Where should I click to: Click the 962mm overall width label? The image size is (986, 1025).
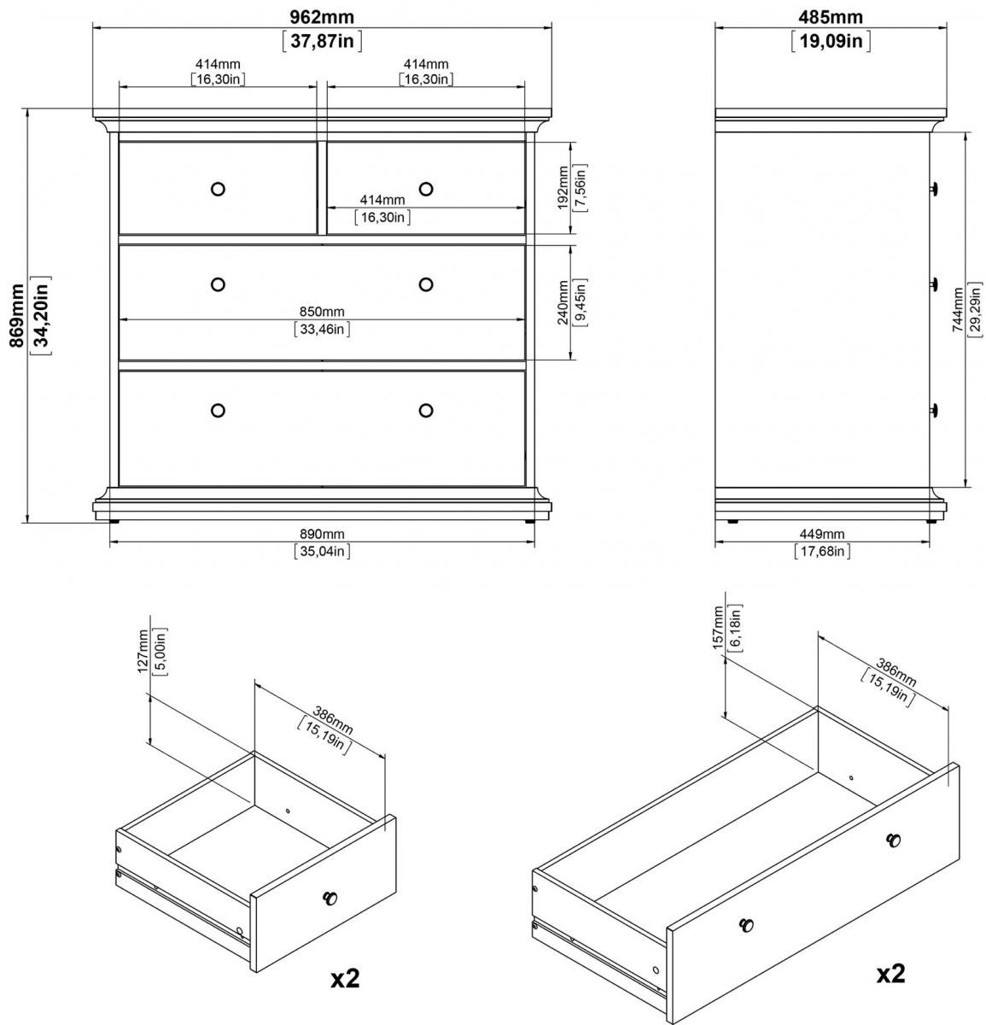(x=322, y=17)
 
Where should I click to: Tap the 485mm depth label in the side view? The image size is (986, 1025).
(x=830, y=17)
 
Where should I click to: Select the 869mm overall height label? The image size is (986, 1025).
(x=17, y=315)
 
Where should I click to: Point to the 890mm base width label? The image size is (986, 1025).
(x=322, y=534)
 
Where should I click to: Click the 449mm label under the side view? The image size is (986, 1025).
(x=822, y=534)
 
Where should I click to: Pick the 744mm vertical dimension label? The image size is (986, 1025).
(x=958, y=310)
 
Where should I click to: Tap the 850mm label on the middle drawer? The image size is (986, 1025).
(x=322, y=312)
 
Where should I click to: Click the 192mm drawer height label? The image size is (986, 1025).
(x=563, y=188)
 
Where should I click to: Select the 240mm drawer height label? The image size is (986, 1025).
(x=563, y=302)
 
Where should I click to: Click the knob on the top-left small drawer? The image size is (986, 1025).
(x=218, y=189)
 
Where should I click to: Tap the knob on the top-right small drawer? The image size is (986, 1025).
(x=426, y=189)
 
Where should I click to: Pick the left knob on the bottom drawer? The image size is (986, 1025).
(x=218, y=410)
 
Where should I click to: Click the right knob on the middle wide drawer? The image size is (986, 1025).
(x=426, y=284)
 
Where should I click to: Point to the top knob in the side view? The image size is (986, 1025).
(x=934, y=188)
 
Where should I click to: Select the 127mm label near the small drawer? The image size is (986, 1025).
(x=143, y=651)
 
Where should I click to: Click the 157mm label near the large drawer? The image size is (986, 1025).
(x=718, y=627)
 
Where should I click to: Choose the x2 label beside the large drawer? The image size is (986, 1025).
(x=890, y=974)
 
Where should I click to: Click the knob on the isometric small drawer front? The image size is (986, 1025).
(x=330, y=898)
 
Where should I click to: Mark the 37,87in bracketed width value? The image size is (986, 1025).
(x=322, y=40)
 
